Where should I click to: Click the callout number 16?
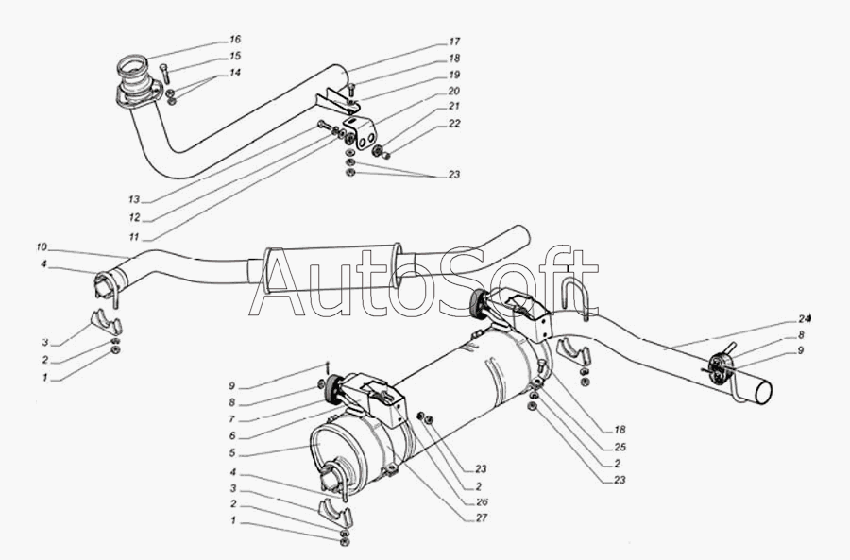pos(235,40)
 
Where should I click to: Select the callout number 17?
pos(454,42)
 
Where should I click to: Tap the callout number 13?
pos(134,199)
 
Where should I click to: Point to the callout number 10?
pos(42,247)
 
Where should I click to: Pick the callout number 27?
pos(482,518)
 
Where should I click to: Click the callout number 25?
pos(620,447)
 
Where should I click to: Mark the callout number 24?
pos(804,318)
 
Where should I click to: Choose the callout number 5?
pos(232,453)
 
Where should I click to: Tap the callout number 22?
pos(454,124)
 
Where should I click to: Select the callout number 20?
pos(454,91)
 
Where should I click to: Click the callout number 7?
pos(232,419)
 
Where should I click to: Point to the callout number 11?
pos(134,237)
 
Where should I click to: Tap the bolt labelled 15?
pos(165,73)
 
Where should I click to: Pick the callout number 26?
pos(482,501)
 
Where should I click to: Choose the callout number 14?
pos(235,73)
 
